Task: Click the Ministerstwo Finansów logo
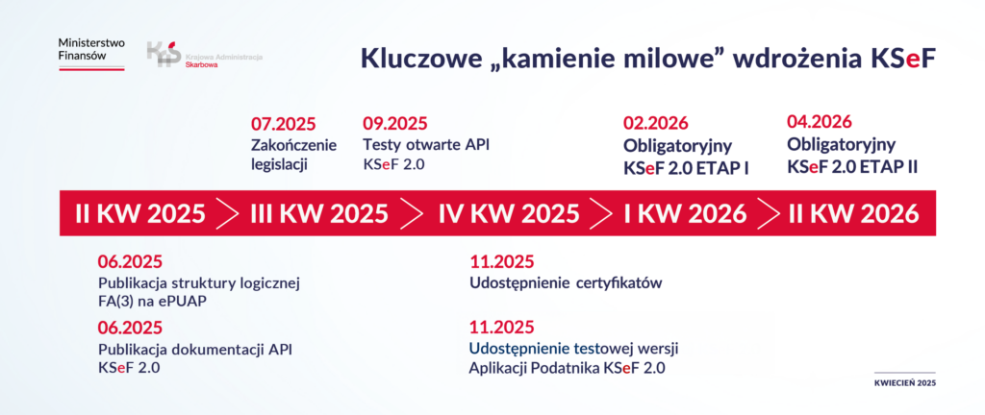[91, 54]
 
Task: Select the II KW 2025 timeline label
[140, 214]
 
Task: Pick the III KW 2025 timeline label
[319, 214]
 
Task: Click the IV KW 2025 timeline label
[509, 214]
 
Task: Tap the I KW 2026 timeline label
[685, 214]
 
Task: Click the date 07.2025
[284, 124]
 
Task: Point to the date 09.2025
[395, 124]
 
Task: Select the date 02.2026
[656, 124]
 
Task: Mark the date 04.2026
[820, 122]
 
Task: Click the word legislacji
[280, 166]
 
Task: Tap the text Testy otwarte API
[426, 144]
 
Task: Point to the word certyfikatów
[619, 282]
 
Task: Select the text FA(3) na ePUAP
[153, 302]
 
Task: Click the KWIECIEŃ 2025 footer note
[904, 383]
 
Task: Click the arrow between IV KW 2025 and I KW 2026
[601, 214]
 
